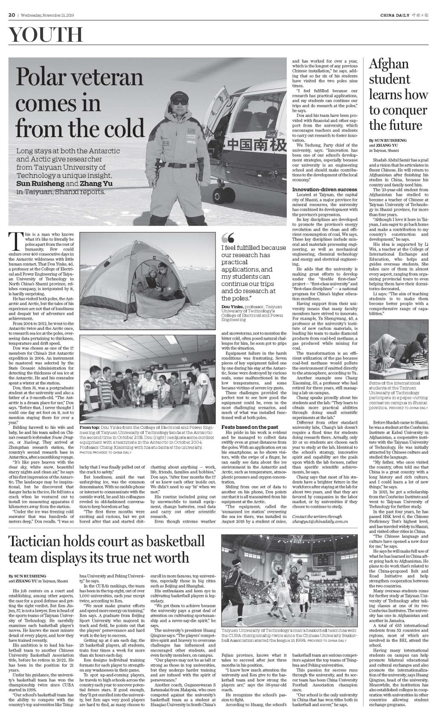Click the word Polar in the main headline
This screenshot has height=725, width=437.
41,78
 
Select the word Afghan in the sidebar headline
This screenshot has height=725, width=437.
389,64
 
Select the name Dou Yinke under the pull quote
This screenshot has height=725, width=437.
232,306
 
